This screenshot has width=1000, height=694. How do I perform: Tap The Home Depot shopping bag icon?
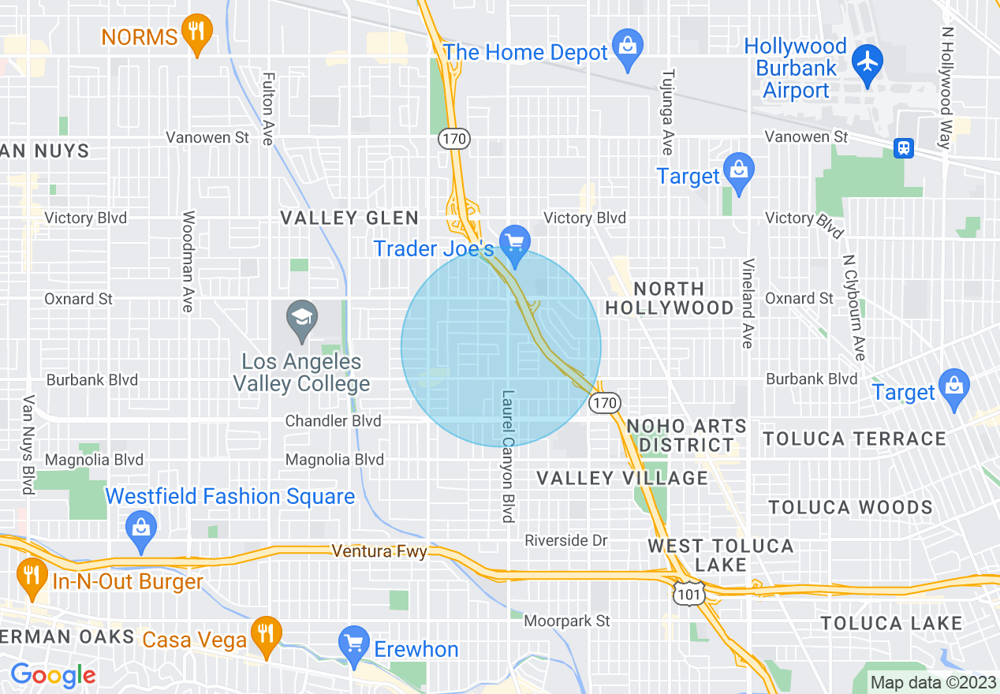tap(628, 49)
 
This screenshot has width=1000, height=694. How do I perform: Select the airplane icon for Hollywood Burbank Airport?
tap(868, 60)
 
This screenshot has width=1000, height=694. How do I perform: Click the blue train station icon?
tap(904, 147)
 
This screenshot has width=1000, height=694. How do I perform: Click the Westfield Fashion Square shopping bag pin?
tap(141, 527)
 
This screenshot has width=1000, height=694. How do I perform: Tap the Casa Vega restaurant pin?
tap(267, 633)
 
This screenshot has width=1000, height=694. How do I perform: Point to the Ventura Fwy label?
tap(379, 550)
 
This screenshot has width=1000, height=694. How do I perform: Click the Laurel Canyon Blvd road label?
tap(508, 456)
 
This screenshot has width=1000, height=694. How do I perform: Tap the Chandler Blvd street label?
tap(333, 421)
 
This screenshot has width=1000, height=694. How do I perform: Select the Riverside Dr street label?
tap(567, 540)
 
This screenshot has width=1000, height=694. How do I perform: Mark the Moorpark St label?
tap(567, 621)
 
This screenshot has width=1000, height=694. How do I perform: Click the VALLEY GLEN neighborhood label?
tap(349, 218)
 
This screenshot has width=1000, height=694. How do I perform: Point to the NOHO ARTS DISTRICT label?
tap(686, 435)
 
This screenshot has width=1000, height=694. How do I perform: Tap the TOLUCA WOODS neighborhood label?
tap(850, 507)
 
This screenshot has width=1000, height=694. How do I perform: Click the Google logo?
tap(53, 675)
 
